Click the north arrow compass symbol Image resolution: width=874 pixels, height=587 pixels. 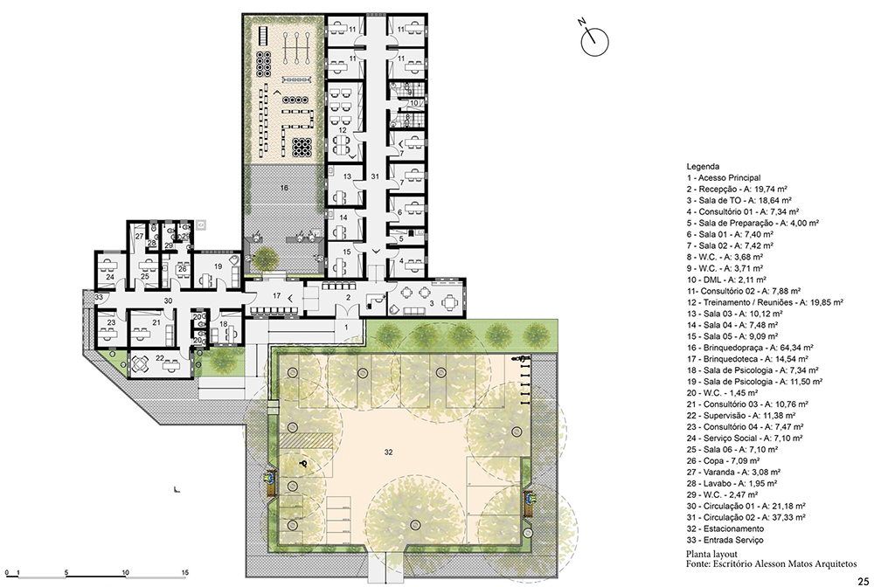594,41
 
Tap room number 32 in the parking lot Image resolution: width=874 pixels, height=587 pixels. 388,452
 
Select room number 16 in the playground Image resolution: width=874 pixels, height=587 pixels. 284,188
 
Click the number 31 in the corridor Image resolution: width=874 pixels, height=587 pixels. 375,176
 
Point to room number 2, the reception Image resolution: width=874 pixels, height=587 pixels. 349,297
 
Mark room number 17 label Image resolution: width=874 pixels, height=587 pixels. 276,296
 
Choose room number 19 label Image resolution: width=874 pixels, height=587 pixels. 218,266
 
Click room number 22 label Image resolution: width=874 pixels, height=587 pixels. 160,358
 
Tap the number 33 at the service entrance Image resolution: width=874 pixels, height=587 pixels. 99,297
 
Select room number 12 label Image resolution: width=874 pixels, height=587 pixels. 343,130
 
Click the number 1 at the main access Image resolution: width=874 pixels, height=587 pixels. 345,327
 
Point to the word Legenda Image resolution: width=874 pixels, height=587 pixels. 703,166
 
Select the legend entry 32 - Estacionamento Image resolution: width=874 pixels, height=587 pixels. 725,528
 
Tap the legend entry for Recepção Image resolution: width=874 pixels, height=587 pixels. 736,189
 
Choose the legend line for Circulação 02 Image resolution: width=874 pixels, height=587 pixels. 746,517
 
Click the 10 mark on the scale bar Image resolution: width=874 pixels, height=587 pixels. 125,572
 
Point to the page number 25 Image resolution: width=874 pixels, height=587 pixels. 863,579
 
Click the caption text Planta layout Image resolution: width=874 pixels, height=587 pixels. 711,554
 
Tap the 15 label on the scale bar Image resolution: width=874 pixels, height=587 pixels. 184,572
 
